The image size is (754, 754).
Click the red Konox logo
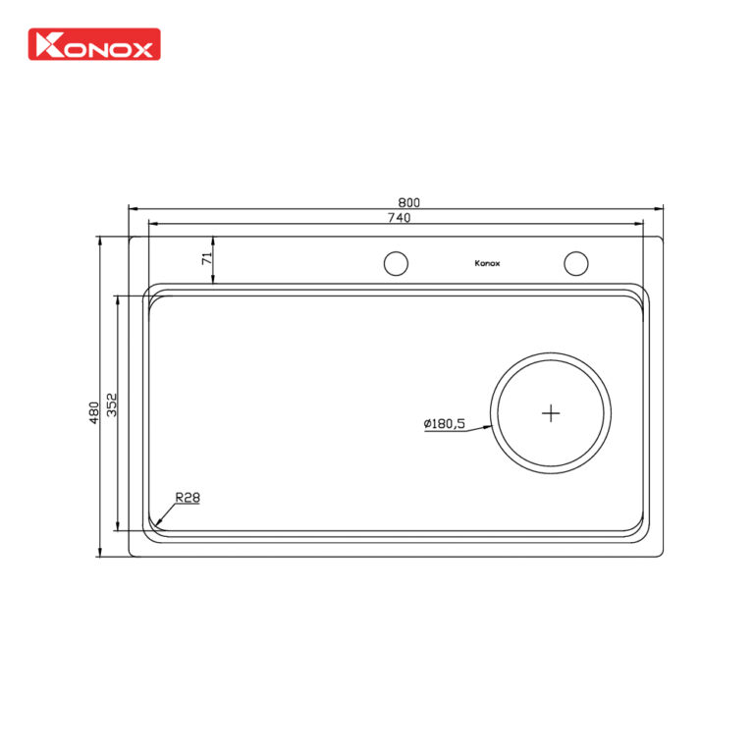pos(95,43)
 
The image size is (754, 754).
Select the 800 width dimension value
pos(396,203)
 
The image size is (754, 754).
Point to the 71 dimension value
pos(206,259)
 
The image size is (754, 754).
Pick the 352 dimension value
pos(112,404)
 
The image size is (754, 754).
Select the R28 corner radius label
pos(188,498)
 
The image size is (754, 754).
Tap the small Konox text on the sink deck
pos(487,263)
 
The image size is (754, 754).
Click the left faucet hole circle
pos(395,263)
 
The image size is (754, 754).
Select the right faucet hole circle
pos(575,263)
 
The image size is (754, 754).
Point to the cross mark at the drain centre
pos(552,413)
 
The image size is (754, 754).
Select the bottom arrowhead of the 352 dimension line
pos(118,529)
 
